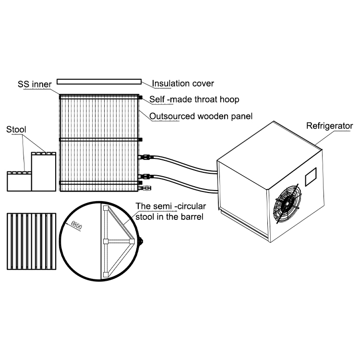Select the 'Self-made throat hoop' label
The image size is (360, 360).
(194, 100)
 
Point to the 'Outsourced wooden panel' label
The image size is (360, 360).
(201, 116)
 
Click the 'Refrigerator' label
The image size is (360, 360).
(330, 126)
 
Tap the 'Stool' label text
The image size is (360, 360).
(16, 129)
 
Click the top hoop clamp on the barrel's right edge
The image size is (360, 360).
(140, 97)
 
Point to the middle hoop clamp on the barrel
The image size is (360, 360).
(140, 140)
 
